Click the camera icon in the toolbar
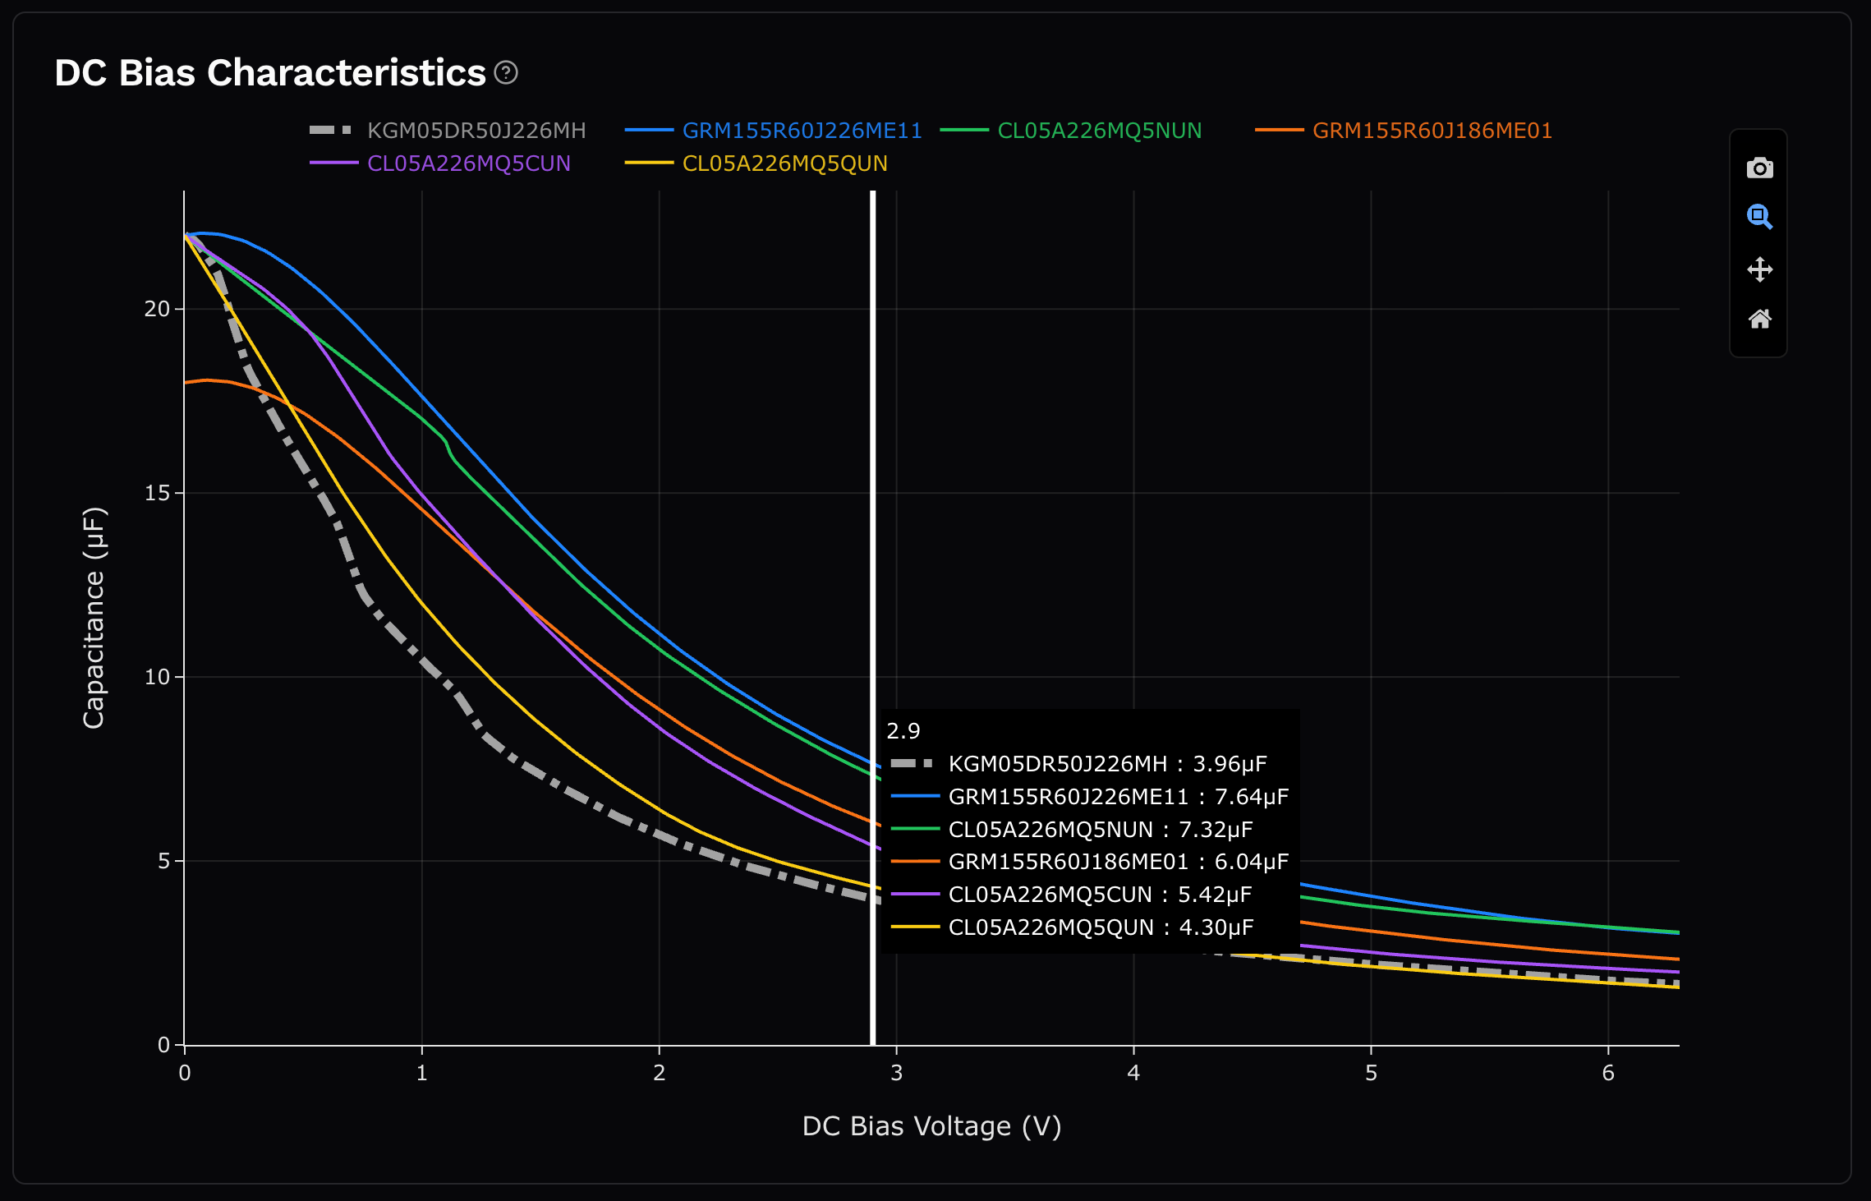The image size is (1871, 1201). click(1759, 168)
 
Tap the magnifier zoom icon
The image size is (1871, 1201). click(1759, 217)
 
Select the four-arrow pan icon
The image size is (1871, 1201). click(1759, 269)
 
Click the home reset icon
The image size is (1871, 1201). click(1759, 319)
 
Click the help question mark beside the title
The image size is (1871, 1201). click(506, 73)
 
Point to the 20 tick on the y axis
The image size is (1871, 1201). click(157, 309)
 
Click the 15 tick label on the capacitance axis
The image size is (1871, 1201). click(157, 493)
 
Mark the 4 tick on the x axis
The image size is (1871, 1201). click(1133, 1073)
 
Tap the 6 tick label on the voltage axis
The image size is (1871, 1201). click(1608, 1073)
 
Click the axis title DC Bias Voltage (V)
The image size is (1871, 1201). click(931, 1126)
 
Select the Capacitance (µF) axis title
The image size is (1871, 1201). click(94, 617)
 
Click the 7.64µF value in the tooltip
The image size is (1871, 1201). click(1251, 797)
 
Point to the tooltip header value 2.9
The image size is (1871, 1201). click(903, 731)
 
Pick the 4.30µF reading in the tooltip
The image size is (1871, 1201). click(1216, 927)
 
